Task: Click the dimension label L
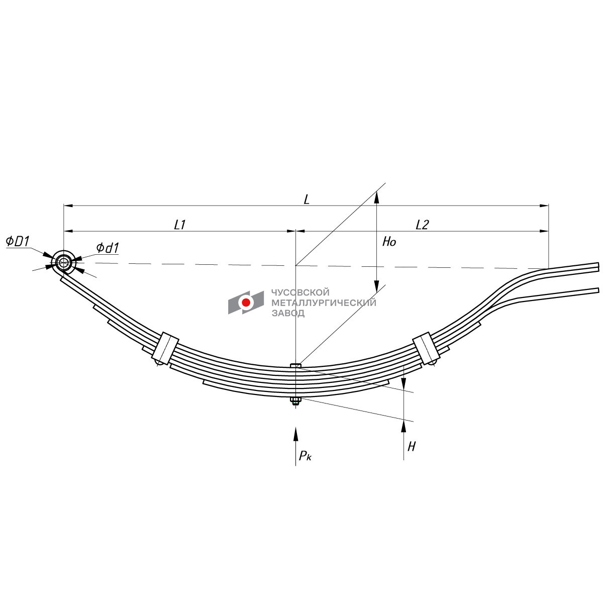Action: tap(307, 199)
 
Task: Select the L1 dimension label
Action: tap(180, 224)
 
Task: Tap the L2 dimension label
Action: tap(422, 224)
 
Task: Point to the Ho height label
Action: tap(389, 242)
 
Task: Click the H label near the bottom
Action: tap(412, 447)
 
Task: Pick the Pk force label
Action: tap(305, 456)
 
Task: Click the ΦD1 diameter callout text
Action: tap(18, 241)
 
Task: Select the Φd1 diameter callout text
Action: tap(108, 248)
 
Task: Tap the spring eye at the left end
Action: tap(64, 262)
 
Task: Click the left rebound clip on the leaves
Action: tap(165, 348)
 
